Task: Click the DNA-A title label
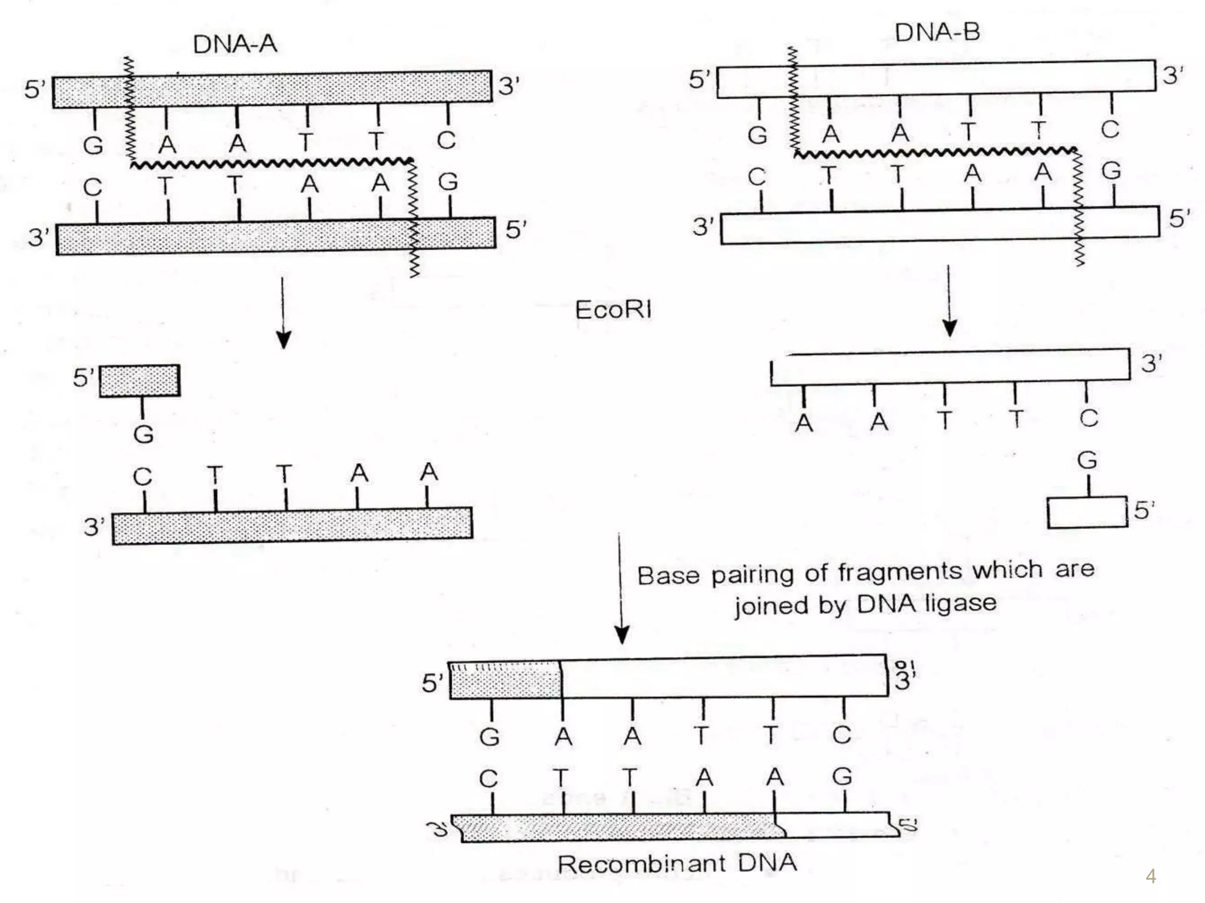click(235, 44)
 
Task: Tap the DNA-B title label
click(937, 32)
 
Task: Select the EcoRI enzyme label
click(613, 310)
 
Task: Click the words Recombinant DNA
click(677, 864)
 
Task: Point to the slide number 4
click(1151, 877)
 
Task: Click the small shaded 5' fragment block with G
click(140, 381)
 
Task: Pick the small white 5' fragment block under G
click(1087, 513)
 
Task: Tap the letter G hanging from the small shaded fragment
click(144, 434)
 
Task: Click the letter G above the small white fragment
click(1087, 460)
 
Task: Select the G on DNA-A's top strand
click(93, 145)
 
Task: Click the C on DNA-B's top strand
click(1110, 129)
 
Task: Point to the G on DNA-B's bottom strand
click(1111, 171)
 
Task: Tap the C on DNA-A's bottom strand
click(92, 188)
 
